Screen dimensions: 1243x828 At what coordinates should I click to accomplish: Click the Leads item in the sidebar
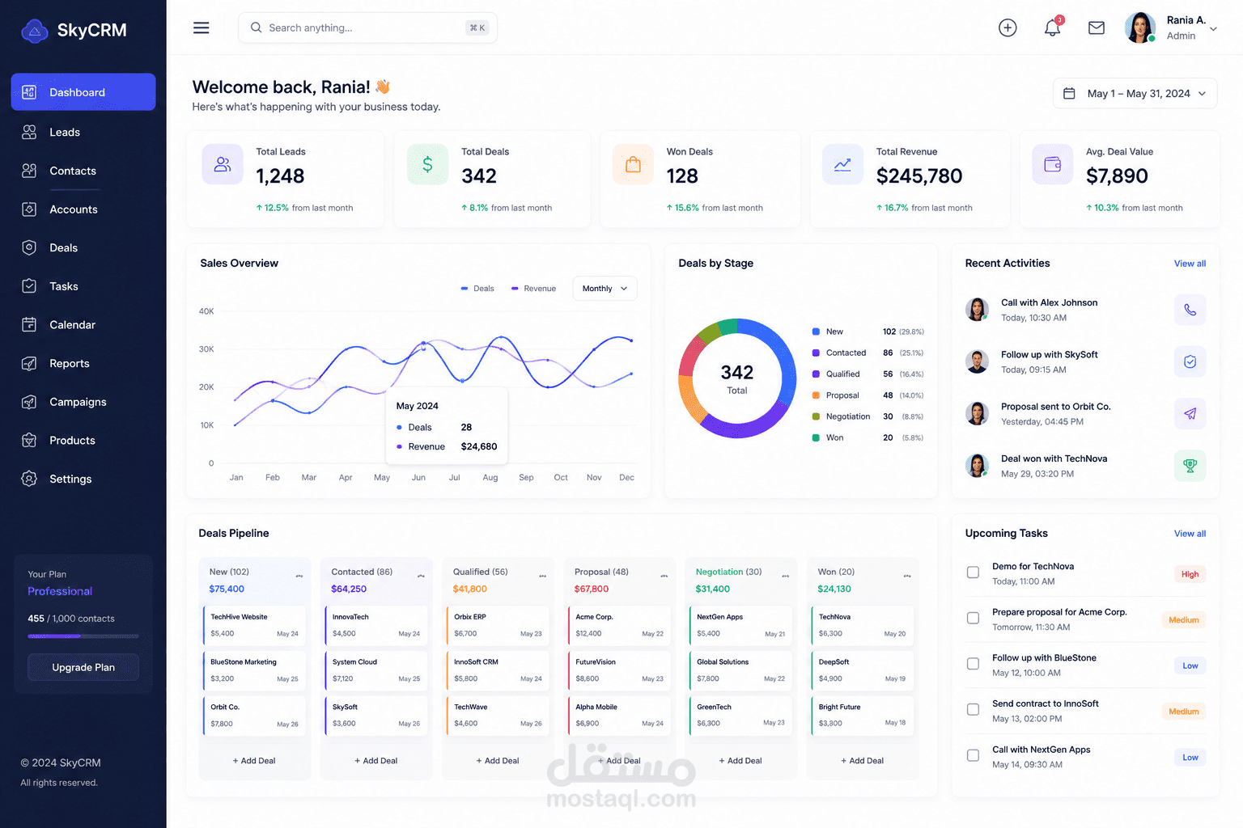coord(65,132)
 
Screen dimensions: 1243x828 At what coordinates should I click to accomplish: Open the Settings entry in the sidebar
coord(70,479)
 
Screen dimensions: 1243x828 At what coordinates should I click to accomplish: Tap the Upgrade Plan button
coord(83,667)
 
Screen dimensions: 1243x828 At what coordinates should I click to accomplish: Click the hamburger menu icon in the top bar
coord(201,27)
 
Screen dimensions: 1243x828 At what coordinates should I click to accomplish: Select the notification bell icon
coord(1052,27)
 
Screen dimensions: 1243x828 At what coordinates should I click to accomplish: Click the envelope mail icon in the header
coord(1096,27)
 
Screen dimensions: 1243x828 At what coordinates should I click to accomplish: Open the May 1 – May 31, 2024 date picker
coord(1135,93)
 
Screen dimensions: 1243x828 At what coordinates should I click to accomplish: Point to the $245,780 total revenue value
coord(919,175)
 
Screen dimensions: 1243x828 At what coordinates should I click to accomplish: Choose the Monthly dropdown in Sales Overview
coord(605,289)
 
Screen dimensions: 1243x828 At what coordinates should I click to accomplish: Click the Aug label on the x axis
coord(490,477)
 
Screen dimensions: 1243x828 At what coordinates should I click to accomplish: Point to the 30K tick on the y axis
coord(206,349)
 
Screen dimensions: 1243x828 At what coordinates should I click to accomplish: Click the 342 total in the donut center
coord(737,372)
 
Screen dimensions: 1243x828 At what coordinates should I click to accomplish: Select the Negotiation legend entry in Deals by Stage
coord(847,416)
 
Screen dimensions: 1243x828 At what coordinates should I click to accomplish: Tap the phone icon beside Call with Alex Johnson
coord(1190,310)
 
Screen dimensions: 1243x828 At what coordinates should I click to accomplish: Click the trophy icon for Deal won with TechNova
coord(1190,465)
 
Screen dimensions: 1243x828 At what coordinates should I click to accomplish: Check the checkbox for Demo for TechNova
coord(973,572)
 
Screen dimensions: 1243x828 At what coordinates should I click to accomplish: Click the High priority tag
coord(1190,574)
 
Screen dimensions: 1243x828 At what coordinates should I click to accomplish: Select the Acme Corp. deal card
coord(619,625)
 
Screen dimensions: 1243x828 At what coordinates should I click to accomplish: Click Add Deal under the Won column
coord(863,760)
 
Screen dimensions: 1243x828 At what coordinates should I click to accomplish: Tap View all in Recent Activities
coord(1190,264)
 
